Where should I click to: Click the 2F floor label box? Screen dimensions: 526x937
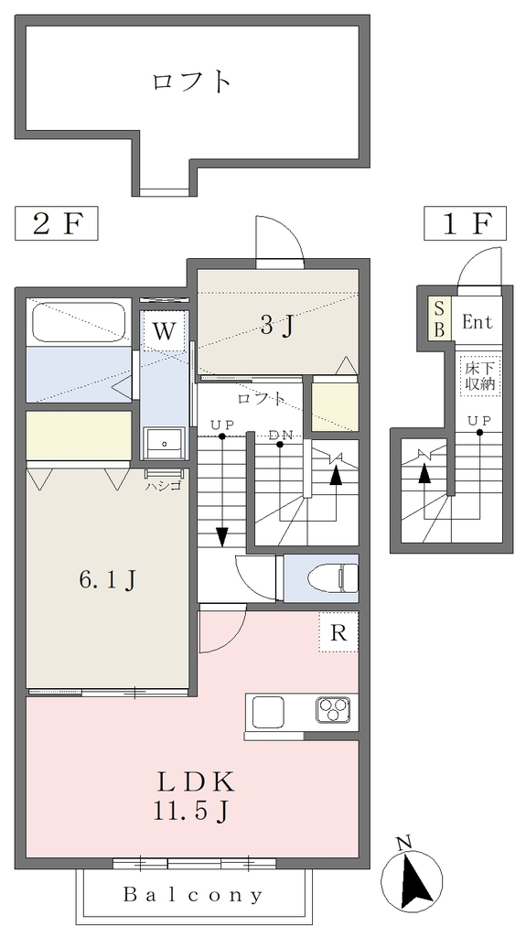click(x=56, y=223)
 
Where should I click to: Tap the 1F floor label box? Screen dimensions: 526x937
click(x=465, y=223)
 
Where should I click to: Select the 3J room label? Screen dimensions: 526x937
click(x=277, y=327)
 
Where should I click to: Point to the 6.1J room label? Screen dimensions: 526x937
click(x=107, y=579)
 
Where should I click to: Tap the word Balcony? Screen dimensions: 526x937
click(x=193, y=895)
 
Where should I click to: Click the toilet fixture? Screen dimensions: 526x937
click(x=332, y=578)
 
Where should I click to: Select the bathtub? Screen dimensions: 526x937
click(x=79, y=323)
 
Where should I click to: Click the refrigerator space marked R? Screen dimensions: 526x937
click(x=338, y=632)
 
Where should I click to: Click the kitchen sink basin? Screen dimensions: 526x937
click(x=267, y=712)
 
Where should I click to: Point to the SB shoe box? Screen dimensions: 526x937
click(x=439, y=319)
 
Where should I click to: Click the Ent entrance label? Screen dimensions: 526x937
click(x=478, y=323)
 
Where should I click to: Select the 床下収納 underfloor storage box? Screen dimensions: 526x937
click(x=480, y=375)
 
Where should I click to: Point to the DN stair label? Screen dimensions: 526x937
click(x=281, y=435)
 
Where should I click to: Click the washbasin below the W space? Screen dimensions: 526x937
click(x=165, y=442)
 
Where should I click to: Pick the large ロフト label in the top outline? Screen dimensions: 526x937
click(x=191, y=81)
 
